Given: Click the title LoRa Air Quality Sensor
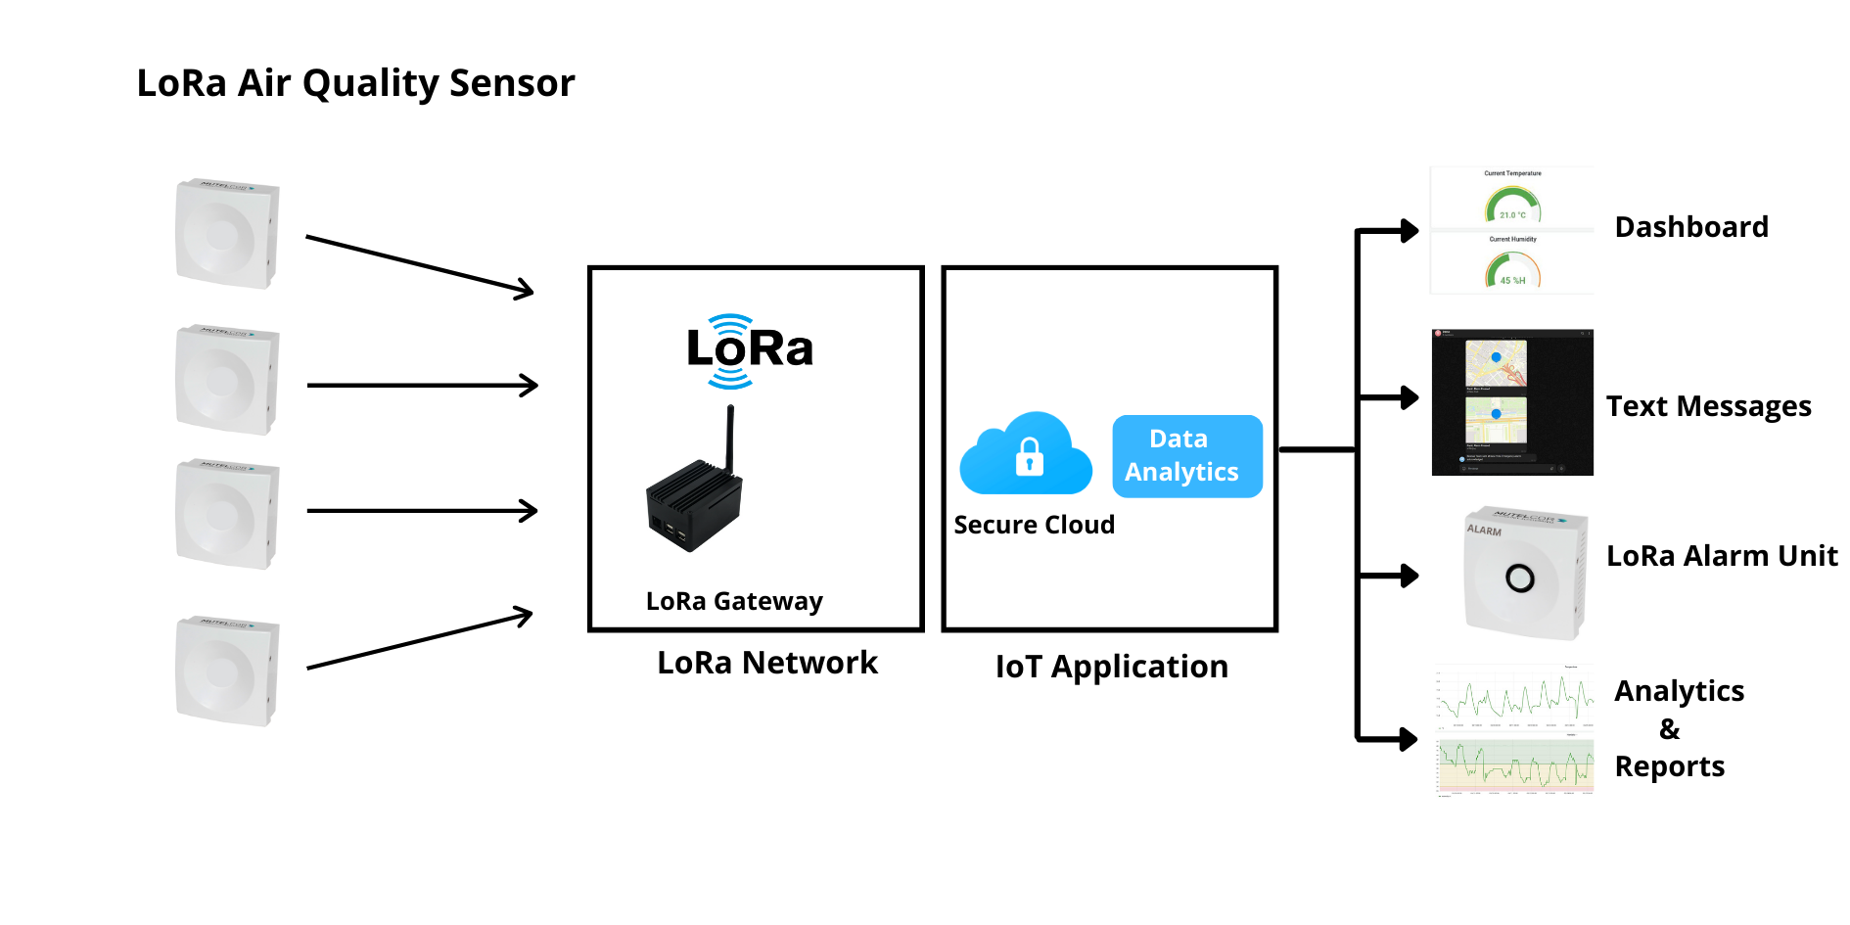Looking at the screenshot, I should pos(355,83).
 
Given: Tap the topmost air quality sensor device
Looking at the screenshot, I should pos(227,234).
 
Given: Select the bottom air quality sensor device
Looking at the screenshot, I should pos(227,671).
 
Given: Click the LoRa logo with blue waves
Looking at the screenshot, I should pos(750,349).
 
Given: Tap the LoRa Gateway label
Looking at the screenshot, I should pos(734,601).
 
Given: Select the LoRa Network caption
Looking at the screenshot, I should pos(767,663).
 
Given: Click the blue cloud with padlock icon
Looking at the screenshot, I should pos(1026,455).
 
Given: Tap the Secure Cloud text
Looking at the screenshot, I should pos(1034,526).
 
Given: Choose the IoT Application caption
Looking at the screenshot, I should pos(1111,667).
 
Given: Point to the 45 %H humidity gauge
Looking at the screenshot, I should pos(1512,270).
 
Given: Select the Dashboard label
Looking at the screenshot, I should pos(1690,227).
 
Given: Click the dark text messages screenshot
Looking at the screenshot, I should pos(1511,402).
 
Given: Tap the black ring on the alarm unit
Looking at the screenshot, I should pos(1520,578).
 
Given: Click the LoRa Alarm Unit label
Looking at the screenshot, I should pos(1722,556).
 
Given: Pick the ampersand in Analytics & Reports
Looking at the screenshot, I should pos(1670,729).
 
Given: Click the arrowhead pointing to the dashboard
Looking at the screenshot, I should pos(1410,231).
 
